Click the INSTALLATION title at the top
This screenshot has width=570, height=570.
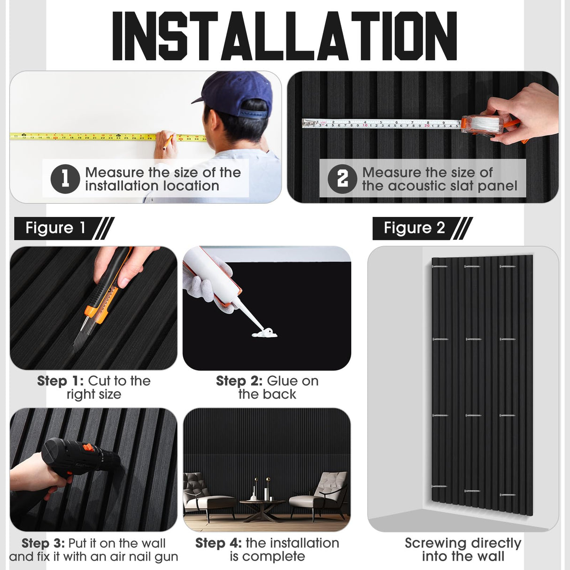pyautogui.click(x=285, y=36)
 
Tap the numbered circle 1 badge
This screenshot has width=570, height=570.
pyautogui.click(x=65, y=179)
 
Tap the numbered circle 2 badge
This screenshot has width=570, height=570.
pyautogui.click(x=342, y=179)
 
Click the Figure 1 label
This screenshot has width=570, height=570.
pyautogui.click(x=55, y=228)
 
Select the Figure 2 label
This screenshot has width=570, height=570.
pyautogui.click(x=414, y=228)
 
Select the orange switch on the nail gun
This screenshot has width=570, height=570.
pyautogui.click(x=86, y=448)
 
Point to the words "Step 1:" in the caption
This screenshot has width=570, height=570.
pyautogui.click(x=61, y=381)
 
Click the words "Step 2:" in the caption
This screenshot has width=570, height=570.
pyautogui.click(x=239, y=381)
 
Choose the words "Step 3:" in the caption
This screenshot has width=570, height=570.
pyautogui.click(x=43, y=543)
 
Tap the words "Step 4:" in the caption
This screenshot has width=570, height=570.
pyautogui.click(x=218, y=543)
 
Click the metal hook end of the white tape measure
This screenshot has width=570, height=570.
pyautogui.click(x=306, y=123)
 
